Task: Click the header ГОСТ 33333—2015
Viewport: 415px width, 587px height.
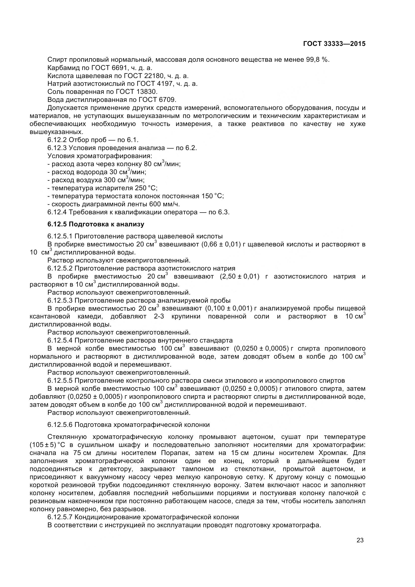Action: point(334,44)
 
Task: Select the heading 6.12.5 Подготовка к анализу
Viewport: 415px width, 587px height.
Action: point(96,224)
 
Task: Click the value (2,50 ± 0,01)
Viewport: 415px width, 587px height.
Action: point(239,276)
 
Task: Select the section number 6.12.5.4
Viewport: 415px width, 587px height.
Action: point(60,340)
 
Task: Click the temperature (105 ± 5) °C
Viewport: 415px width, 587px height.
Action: point(45,445)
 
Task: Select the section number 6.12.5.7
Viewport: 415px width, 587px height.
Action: point(60,517)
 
